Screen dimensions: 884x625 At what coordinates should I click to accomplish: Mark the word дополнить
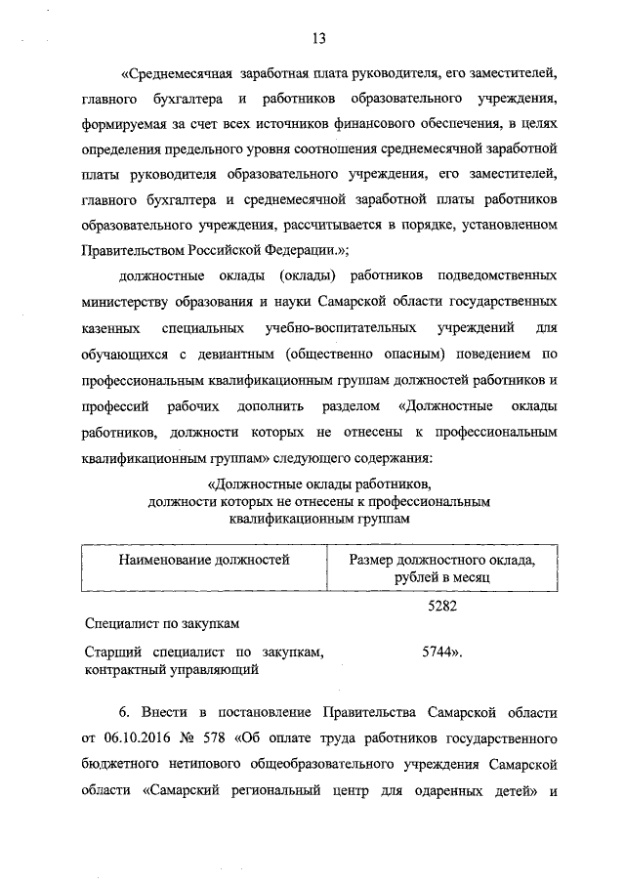point(304,403)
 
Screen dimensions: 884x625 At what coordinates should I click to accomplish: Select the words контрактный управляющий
point(160,670)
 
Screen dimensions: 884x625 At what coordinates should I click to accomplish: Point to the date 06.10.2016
point(137,734)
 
